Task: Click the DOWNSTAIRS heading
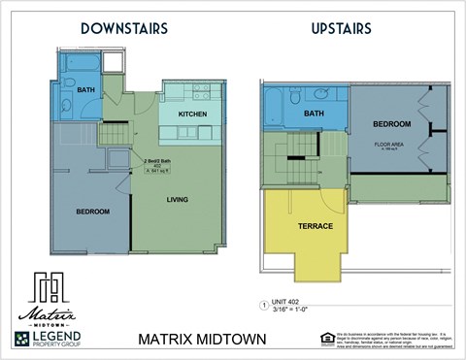tap(123, 28)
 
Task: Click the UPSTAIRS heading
tap(342, 28)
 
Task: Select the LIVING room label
tap(177, 201)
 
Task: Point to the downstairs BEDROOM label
tap(93, 211)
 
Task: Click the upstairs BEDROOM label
tap(392, 124)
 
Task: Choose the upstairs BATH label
tap(314, 114)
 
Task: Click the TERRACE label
tap(315, 226)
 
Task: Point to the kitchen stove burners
tap(206, 93)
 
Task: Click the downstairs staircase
tap(114, 133)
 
